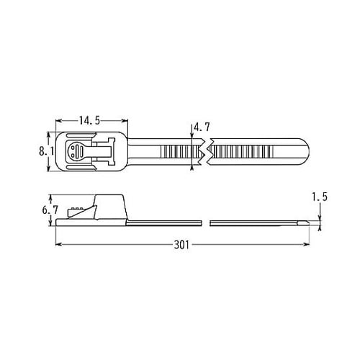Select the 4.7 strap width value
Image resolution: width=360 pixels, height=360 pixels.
point(202,127)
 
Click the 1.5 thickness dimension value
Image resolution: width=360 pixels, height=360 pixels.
point(321,197)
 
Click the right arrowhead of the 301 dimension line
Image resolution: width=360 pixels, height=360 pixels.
point(317,246)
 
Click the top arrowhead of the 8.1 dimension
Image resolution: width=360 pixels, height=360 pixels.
point(50,134)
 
